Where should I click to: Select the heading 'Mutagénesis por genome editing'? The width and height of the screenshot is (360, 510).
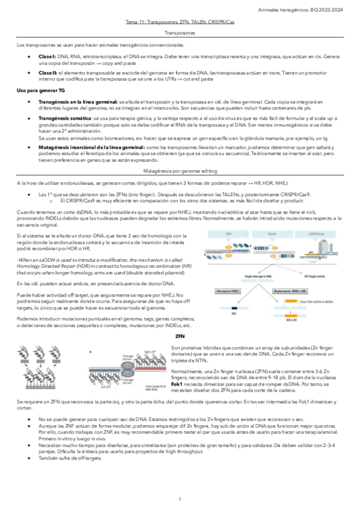tap(180, 171)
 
